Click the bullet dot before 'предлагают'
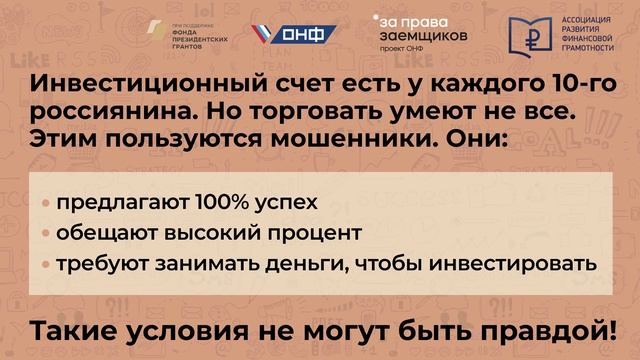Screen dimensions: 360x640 (x=46, y=204)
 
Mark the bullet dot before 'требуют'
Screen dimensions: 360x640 (x=46, y=265)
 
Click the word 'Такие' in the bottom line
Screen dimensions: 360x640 (x=71, y=327)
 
